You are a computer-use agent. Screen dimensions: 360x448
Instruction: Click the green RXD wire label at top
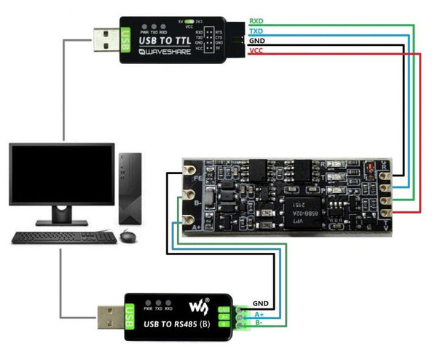click(x=257, y=21)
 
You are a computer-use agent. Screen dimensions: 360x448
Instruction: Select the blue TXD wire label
click(x=257, y=32)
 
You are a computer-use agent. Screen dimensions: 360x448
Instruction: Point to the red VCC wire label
click(x=256, y=52)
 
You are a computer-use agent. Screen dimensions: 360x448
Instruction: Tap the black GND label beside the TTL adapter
click(x=256, y=42)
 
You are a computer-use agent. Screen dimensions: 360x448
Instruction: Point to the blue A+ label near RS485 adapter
click(x=259, y=316)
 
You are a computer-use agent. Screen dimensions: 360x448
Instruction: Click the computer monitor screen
click(x=61, y=174)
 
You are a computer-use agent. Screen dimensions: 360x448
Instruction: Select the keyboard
click(x=64, y=237)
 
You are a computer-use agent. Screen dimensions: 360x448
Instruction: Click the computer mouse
click(x=128, y=236)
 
